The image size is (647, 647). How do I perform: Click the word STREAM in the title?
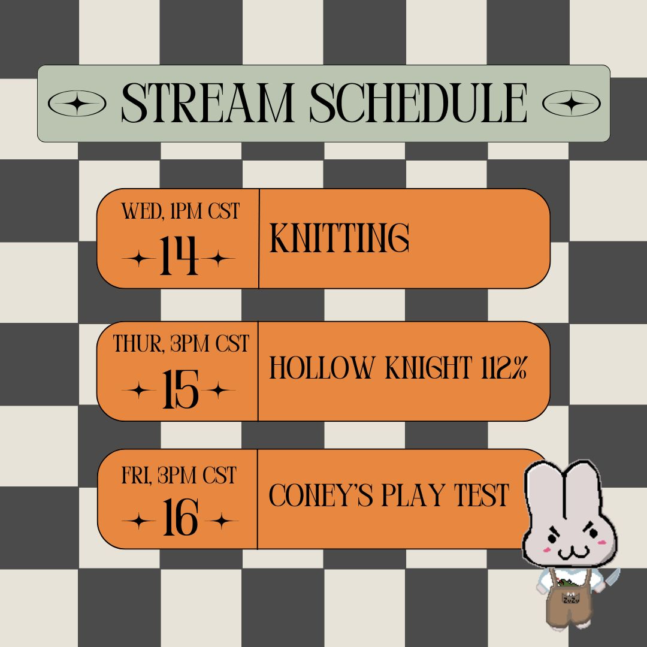coord(207,103)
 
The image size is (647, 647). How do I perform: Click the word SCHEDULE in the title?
coord(418,103)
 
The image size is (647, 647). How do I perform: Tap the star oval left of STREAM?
coord(77,103)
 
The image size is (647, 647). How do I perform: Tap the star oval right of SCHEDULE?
coord(571,103)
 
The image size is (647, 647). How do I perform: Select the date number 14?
coord(179,255)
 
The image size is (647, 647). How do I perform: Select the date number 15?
coord(180,389)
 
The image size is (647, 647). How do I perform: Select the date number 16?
coord(180,517)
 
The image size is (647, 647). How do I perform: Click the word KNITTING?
coord(339,238)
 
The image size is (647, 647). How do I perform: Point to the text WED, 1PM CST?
coord(180,211)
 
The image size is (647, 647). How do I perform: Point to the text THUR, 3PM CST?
coord(181,343)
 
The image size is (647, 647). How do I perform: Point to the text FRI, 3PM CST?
coord(179,475)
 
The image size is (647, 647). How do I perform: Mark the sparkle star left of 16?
coord(138,521)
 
